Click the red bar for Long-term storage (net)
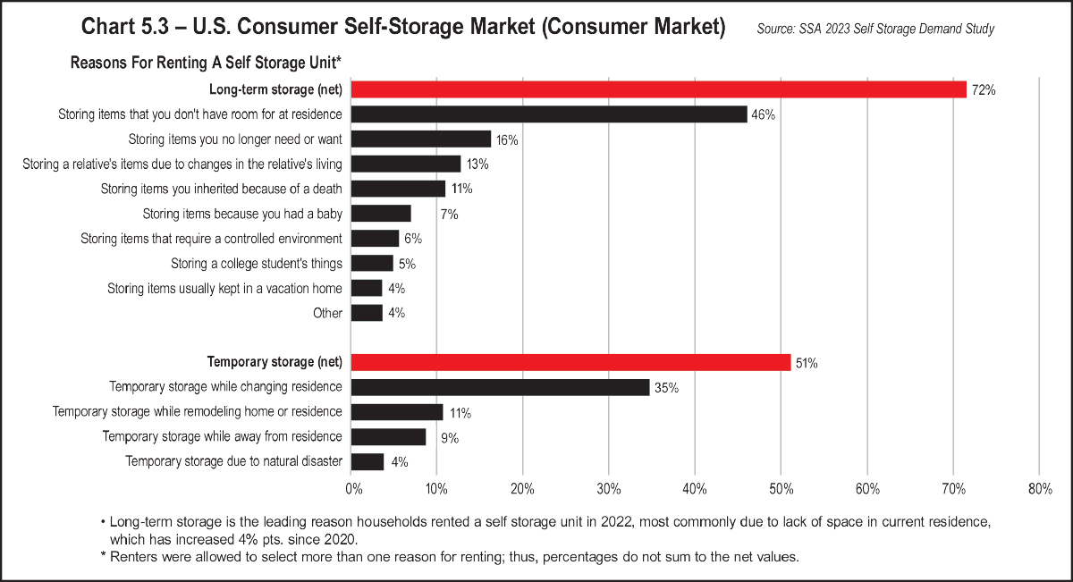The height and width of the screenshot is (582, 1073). point(659,89)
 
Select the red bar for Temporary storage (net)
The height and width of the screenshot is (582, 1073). point(570,362)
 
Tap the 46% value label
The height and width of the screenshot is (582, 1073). point(763,115)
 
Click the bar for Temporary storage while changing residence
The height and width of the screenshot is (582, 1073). point(501,387)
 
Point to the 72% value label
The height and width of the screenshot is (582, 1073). point(983,90)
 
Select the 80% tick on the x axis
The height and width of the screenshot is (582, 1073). point(1040,489)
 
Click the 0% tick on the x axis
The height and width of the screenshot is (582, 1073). point(353,489)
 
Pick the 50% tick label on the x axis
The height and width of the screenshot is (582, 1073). point(781,489)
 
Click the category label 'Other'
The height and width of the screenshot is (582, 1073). point(327,313)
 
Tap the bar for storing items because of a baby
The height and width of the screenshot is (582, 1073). point(381,214)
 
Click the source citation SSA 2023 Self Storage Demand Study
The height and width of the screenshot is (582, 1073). point(875,29)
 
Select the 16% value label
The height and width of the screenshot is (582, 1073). point(507,140)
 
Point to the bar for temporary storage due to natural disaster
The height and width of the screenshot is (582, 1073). point(368,461)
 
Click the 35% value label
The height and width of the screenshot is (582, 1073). point(666,388)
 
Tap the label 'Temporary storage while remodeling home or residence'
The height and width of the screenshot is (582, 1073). point(198,411)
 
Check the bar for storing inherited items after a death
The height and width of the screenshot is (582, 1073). point(398,189)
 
